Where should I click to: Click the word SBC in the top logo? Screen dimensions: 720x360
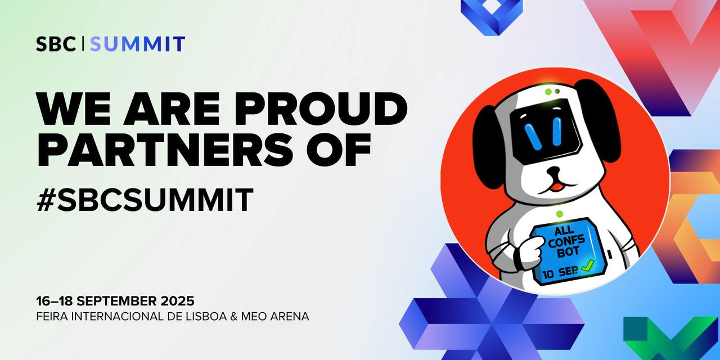click(x=56, y=44)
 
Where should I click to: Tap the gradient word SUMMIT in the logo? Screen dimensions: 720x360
click(x=138, y=44)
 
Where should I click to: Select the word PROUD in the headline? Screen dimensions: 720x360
click(x=321, y=109)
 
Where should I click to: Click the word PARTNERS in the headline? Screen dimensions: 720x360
click(x=165, y=150)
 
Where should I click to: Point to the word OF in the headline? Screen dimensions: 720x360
click(x=338, y=150)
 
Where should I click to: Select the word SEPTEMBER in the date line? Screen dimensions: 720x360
click(x=116, y=301)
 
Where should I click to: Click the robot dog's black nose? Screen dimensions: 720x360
click(x=555, y=170)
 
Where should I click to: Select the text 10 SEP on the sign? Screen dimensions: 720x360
click(x=561, y=273)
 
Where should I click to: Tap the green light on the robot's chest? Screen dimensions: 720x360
click(x=559, y=214)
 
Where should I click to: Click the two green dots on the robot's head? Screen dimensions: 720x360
click(x=552, y=92)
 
